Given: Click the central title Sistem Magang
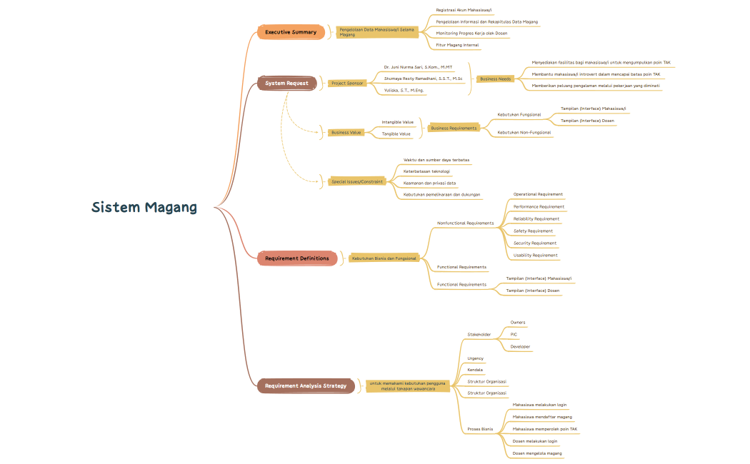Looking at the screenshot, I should coord(144,208).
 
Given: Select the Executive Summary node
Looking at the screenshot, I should coord(291,32).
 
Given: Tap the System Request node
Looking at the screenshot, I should coord(287,84).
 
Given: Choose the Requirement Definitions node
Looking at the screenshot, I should coord(297,258).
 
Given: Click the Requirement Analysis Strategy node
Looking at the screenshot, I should coord(306,386).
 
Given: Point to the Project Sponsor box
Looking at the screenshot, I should coord(348,83).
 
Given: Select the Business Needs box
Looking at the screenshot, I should coord(495,79).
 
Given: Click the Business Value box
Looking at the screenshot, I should coord(346,132).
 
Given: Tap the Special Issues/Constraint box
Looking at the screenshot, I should coord(358,181).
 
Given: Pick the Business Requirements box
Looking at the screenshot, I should coord(454,128).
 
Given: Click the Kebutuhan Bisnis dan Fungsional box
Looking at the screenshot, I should coord(384,258).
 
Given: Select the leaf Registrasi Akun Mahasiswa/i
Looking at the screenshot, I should coord(464,10).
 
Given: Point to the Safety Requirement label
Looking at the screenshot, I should coord(533,231).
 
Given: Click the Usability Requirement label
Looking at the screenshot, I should coord(536,255).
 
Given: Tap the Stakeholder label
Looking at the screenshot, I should coord(479,334).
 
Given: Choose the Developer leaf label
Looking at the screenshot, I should coord(520,346).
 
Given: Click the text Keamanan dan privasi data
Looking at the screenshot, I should coord(429,183).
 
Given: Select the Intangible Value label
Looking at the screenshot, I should coord(397,122).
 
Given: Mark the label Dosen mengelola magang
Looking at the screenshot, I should coord(537,453).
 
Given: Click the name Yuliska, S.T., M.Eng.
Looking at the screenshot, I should coord(404,90).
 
